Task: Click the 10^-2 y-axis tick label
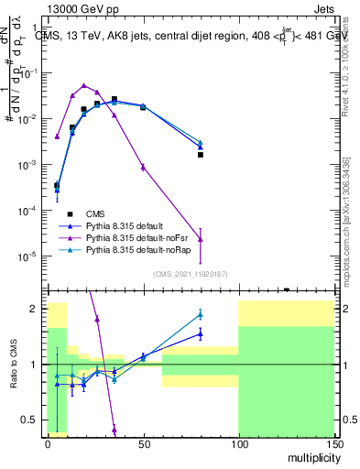27,119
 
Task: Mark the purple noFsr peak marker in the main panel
84,85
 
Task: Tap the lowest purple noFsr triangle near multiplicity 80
200,238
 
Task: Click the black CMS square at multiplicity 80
200,155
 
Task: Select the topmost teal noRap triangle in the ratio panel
200,314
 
